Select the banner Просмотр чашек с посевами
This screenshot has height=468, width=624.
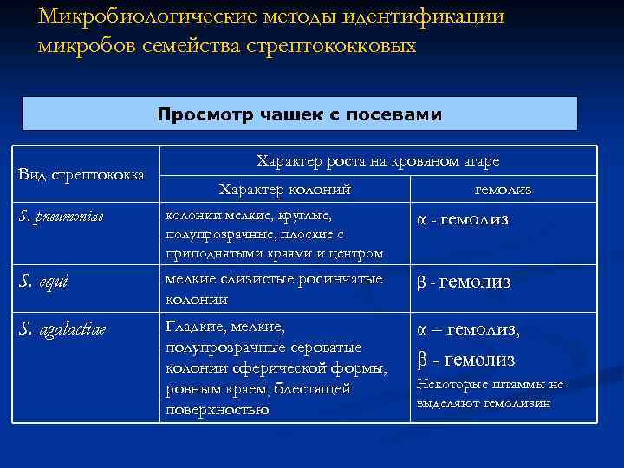pos(299,114)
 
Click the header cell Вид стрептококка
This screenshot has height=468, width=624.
pos(81,175)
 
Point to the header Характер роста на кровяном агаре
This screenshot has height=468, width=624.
pos(377,161)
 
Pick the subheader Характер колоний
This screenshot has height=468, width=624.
pos(284,189)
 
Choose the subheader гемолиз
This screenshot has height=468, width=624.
pos(504,189)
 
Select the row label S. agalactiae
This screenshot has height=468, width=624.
pos(62,329)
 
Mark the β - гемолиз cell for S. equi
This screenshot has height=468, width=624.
pos(464,283)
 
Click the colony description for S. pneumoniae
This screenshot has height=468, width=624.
pos(273,233)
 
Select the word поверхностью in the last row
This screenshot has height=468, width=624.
pos(216,410)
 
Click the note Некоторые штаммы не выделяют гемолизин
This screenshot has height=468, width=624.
pos(490,393)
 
